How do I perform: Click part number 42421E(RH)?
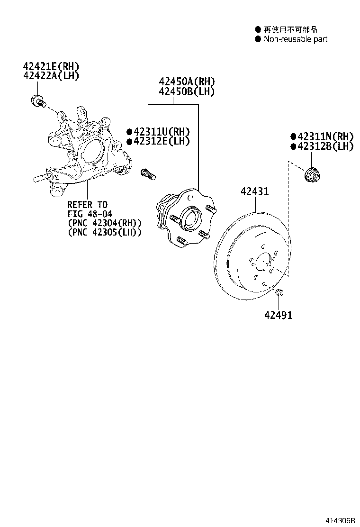point(51,66)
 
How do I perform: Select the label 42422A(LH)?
point(51,75)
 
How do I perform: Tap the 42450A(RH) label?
point(186,82)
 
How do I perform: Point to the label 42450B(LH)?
point(186,91)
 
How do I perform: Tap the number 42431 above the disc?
point(254,192)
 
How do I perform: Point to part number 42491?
point(279,315)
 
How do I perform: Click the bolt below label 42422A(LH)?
point(37,100)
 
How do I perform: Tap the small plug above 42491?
point(279,291)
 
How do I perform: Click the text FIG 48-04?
point(90,214)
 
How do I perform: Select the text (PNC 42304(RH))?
point(105,223)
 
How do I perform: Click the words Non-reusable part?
point(296,39)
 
